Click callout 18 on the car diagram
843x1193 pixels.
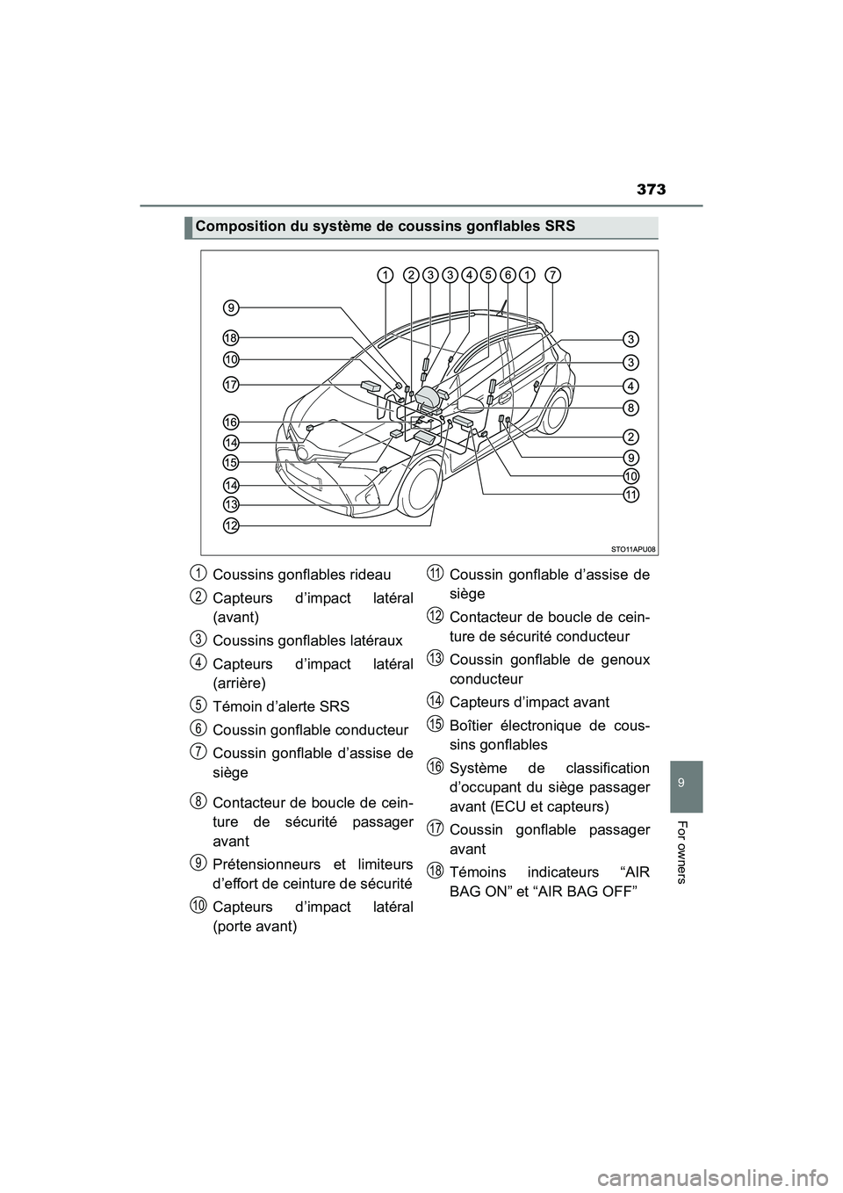point(231,337)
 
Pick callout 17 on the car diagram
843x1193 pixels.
point(231,384)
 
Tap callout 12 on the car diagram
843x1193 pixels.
point(231,524)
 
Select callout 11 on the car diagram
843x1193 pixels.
point(631,495)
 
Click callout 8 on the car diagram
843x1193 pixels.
point(631,407)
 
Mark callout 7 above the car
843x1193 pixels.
point(552,275)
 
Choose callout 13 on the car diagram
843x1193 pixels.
point(231,504)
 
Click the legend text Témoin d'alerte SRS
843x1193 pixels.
point(281,706)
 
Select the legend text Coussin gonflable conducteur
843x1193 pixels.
point(311,729)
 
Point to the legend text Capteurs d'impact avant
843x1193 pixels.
point(529,702)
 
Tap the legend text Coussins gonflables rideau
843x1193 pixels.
point(302,575)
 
